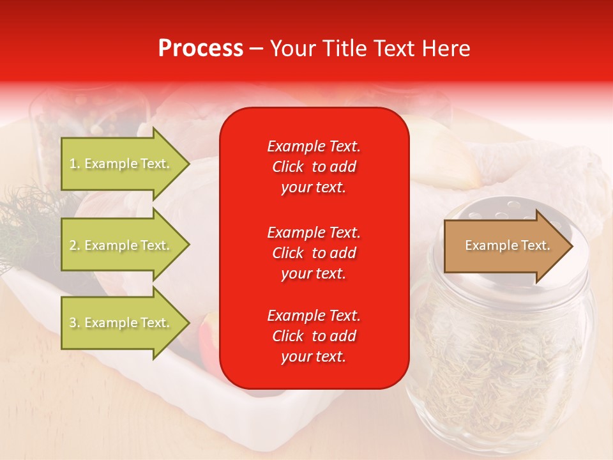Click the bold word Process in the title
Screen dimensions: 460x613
[201, 49]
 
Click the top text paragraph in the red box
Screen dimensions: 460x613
[314, 167]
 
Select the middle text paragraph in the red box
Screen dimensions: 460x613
[314, 253]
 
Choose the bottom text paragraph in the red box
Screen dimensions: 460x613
[314, 336]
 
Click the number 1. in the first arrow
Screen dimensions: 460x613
[75, 164]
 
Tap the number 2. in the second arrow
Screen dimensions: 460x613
[75, 245]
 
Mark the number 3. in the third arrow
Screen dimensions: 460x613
[75, 323]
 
